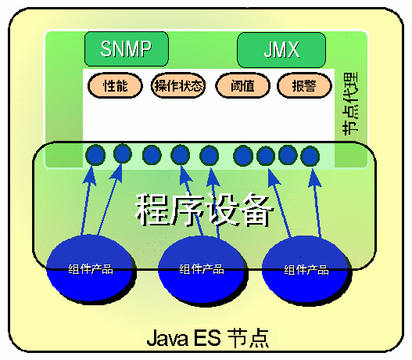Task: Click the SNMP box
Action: pos(127,49)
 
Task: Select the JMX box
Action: pos(281,50)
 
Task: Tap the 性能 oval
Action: pos(115,86)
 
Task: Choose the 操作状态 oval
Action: pos(178,86)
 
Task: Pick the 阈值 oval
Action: pos(242,86)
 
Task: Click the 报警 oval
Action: pos(304,86)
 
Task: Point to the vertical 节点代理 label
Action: pos(351,103)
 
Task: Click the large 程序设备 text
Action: pos(204,210)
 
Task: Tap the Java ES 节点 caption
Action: pos(208,338)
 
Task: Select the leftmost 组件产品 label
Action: pos(91,269)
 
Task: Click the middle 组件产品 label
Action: pos(202,269)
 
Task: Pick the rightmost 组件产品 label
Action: pos(306,270)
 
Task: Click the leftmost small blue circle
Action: pos(95,155)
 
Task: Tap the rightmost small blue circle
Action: pos(310,156)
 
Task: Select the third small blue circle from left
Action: pos(152,155)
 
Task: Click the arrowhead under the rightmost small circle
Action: pos(314,177)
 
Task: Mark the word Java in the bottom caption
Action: pos(167,338)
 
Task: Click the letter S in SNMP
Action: pos(106,49)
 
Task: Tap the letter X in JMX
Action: pos(292,50)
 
